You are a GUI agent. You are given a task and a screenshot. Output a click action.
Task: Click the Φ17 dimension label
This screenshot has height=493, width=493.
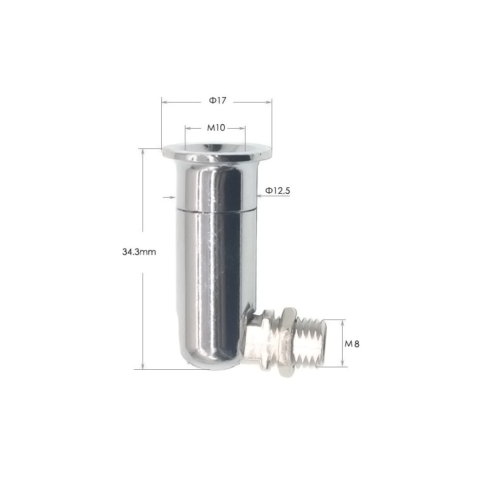pyautogui.click(x=217, y=101)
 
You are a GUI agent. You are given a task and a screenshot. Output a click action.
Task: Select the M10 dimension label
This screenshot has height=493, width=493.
pyautogui.click(x=216, y=128)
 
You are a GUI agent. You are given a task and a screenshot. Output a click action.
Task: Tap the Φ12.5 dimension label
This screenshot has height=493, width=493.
pyautogui.click(x=277, y=190)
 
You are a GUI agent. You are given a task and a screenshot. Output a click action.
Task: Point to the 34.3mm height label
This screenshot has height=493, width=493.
pyautogui.click(x=139, y=252)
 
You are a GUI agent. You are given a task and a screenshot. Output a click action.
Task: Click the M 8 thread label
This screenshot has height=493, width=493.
pyautogui.click(x=352, y=344)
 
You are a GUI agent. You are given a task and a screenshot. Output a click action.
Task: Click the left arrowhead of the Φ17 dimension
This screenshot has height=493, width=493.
pyautogui.click(x=164, y=102)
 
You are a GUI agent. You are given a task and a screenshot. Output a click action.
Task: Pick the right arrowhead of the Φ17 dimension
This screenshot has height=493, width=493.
pyautogui.click(x=269, y=102)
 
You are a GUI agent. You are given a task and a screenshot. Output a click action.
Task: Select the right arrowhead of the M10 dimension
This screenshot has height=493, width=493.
pyautogui.click(x=243, y=128)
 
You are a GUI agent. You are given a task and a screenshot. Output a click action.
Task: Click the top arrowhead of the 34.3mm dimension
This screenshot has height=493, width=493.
pyautogui.click(x=143, y=151)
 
